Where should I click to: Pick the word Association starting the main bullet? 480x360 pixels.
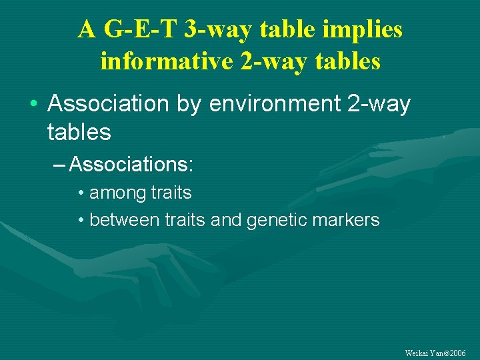[x=107, y=104]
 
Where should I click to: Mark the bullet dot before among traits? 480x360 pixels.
[x=80, y=194]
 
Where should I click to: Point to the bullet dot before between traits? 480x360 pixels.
[x=80, y=221]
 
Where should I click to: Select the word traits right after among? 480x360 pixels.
[x=171, y=193]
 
